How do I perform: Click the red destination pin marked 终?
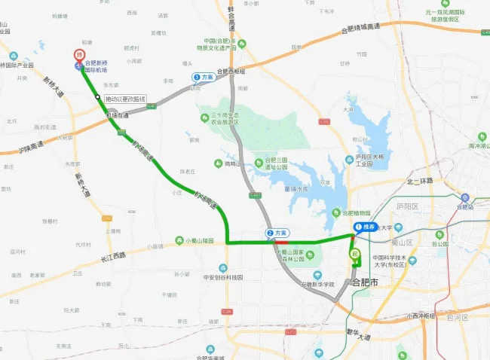(x=78, y=55)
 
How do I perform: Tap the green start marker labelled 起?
(x=354, y=254)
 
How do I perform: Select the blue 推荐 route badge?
(x=365, y=227)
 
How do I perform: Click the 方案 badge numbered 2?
(x=277, y=233)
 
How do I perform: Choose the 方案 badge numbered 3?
(x=203, y=77)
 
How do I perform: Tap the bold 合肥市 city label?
(x=369, y=282)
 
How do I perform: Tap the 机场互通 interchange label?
(x=118, y=115)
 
